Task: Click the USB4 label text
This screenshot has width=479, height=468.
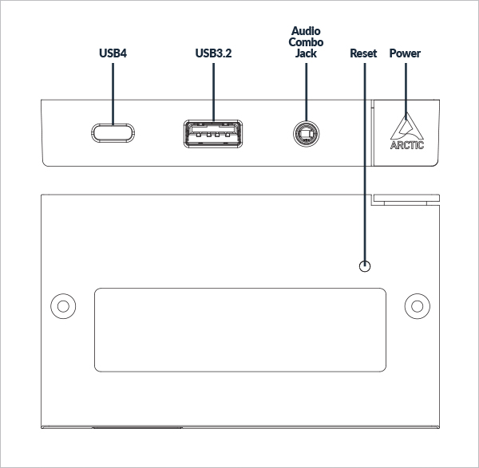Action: coord(113,54)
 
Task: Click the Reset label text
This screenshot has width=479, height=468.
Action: coord(363,54)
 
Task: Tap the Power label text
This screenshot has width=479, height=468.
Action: coord(405,54)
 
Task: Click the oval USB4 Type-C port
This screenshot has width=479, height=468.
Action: coord(113,132)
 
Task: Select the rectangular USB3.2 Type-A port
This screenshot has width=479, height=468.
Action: coord(213,133)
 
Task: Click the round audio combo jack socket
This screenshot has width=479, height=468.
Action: coord(303,133)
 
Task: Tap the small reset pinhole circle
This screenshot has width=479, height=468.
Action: coord(366,266)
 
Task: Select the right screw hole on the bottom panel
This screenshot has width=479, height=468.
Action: coord(416,305)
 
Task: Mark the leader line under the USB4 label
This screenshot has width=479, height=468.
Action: coord(113,92)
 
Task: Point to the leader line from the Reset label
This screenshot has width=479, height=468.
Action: coord(366,159)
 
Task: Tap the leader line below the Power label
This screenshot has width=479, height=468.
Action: coord(405,88)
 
